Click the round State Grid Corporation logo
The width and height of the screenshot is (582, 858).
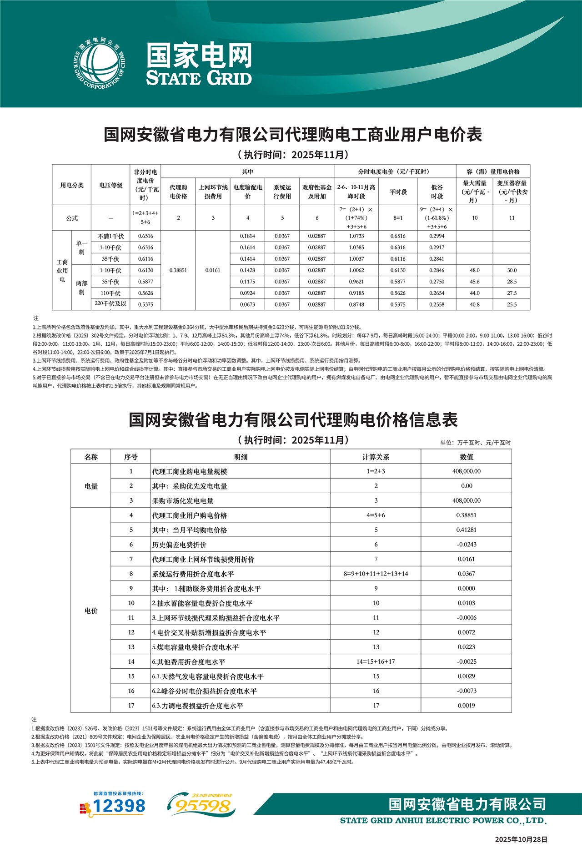(x=99, y=64)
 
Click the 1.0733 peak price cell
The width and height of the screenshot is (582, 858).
(x=356, y=236)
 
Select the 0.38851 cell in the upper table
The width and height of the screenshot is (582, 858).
(x=178, y=270)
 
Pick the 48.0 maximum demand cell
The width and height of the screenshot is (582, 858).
(x=475, y=270)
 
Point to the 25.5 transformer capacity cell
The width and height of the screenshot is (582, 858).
(x=512, y=304)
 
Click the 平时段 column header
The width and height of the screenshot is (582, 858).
(x=398, y=192)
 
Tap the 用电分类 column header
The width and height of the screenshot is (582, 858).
(x=72, y=185)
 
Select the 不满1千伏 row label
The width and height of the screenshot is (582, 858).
(x=110, y=236)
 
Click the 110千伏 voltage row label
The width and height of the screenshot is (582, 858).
(x=110, y=293)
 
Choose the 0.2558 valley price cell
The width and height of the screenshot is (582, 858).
(x=436, y=304)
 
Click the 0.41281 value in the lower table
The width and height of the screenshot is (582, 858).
(x=466, y=530)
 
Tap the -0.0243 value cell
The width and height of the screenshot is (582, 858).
(x=466, y=545)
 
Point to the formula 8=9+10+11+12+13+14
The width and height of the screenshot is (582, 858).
(x=376, y=574)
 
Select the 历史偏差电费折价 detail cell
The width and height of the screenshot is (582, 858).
(x=179, y=545)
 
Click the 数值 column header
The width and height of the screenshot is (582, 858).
(x=466, y=457)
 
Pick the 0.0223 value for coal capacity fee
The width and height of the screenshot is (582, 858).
(x=466, y=647)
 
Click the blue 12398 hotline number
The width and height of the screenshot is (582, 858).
(x=119, y=807)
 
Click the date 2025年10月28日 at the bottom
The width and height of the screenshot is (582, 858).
(x=521, y=839)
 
